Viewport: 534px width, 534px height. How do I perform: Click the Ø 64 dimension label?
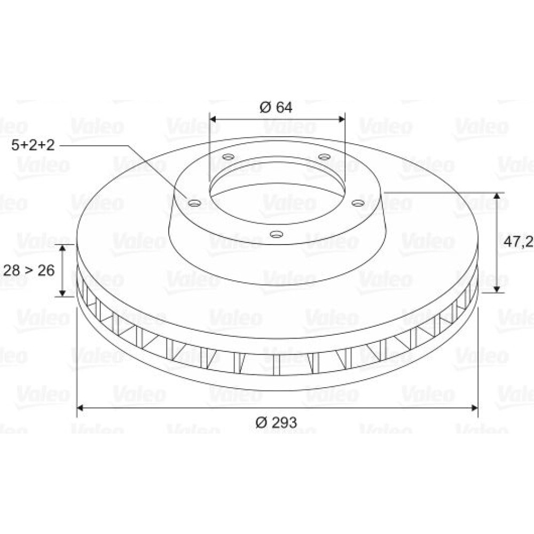276,107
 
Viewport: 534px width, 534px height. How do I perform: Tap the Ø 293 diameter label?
276,422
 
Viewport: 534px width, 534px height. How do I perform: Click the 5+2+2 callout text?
33,145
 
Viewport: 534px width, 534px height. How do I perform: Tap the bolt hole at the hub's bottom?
276,234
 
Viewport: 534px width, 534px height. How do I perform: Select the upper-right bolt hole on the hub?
324,157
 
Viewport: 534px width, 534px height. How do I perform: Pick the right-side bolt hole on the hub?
358,203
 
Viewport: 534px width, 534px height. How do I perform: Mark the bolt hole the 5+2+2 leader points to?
194,203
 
